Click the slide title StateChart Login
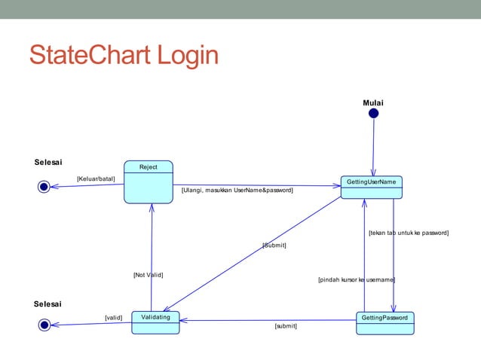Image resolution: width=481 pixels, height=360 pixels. tap(124, 56)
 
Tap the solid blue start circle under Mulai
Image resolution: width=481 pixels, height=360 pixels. tap(373, 114)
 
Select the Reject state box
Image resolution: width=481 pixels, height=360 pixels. tap(149, 182)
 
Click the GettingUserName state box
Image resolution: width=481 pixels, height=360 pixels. tap(372, 187)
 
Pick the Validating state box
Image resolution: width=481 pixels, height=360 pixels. tap(155, 322)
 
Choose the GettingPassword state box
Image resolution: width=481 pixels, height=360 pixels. tap(384, 322)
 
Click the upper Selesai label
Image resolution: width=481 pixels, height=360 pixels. tap(48, 162)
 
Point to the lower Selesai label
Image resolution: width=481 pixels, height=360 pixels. tap(48, 304)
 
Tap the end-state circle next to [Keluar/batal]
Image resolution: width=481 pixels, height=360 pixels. tap(44, 187)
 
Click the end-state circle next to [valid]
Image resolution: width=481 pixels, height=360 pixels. tap(44, 325)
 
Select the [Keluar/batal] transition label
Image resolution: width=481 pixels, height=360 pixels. tap(96, 178)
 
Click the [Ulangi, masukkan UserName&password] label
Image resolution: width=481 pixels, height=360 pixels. tap(237, 191)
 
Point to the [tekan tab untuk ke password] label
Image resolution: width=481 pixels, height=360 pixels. tap(408, 233)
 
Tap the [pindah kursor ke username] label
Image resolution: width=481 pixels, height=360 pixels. tap(357, 279)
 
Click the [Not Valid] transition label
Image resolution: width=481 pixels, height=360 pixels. tap(148, 275)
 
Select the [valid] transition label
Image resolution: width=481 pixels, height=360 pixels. tap(113, 318)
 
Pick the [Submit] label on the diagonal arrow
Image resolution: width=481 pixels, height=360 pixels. tap(274, 246)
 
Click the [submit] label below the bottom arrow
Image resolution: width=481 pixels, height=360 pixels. tap(286, 326)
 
